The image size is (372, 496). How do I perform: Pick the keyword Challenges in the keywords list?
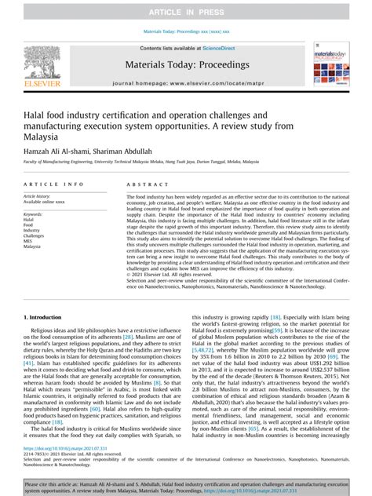tap(35, 235)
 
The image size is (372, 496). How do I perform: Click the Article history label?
tap(40, 195)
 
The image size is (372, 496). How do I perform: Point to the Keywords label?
tap(34, 213)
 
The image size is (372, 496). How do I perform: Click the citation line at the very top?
tap(187, 32)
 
